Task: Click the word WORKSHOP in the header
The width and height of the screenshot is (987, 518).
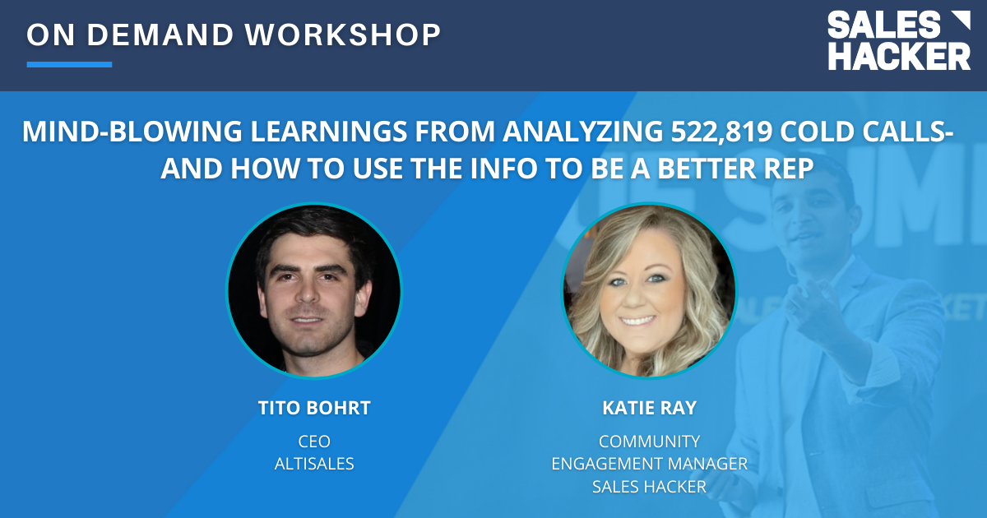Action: [x=343, y=35]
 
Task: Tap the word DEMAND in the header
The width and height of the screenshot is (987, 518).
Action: [x=160, y=35]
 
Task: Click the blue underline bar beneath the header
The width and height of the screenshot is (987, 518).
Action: [x=69, y=64]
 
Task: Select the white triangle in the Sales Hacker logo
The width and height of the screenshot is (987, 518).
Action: [x=961, y=21]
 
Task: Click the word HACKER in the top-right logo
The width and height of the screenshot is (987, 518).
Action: [x=899, y=56]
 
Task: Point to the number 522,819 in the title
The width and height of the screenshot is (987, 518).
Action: [x=721, y=132]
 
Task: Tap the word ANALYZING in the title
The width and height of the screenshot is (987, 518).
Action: [x=582, y=132]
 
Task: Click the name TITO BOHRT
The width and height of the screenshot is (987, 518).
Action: [x=314, y=408]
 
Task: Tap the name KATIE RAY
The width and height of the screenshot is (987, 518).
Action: [x=650, y=408]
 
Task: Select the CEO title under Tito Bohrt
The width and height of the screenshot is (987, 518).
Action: [x=314, y=442]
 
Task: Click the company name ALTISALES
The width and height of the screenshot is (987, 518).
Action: [x=314, y=464]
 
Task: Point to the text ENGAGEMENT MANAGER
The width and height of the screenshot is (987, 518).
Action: [x=650, y=464]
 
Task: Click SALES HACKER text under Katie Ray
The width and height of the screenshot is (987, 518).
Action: [x=650, y=487]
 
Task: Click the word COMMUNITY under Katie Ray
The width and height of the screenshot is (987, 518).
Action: [x=650, y=442]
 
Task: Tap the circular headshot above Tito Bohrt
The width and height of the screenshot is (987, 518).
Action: [x=314, y=291]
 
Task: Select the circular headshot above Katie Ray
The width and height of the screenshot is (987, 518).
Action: [x=650, y=291]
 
